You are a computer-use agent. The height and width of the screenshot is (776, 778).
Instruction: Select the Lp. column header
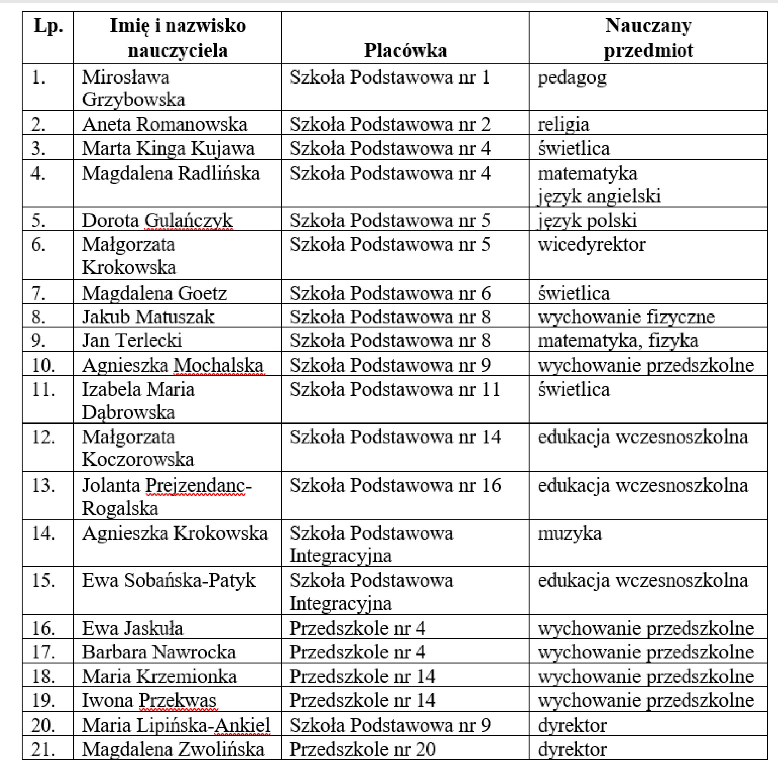pos(48,26)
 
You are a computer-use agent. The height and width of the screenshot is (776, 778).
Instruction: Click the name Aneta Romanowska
pos(165,124)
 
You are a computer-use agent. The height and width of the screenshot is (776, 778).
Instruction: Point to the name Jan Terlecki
pos(132,341)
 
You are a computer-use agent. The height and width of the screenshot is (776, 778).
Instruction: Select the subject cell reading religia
pos(563,124)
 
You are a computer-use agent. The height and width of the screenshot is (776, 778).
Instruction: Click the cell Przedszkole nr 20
pos(362,749)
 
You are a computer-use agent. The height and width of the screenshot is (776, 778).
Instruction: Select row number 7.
pos(38,293)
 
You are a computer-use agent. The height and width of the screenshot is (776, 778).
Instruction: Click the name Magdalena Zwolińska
pos(173,749)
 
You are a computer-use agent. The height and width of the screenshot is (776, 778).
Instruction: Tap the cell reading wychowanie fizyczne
pos(626,317)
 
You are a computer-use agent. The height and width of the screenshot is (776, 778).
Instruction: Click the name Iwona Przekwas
pos(149,701)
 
